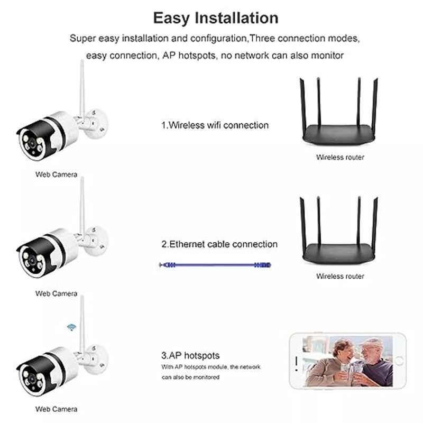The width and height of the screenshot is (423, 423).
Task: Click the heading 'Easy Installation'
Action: (x=216, y=19)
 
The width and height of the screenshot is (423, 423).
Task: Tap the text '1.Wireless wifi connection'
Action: (x=215, y=125)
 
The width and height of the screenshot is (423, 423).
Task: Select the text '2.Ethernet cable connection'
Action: (x=219, y=244)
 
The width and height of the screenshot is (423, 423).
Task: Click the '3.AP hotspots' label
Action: (x=190, y=355)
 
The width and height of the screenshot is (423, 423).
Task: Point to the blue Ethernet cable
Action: (x=215, y=265)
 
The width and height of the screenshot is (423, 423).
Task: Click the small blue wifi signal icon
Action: (x=71, y=327)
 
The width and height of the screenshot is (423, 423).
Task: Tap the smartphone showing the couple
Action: (x=348, y=361)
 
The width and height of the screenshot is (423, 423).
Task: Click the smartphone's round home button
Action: (x=399, y=361)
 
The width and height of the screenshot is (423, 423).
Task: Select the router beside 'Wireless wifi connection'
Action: (x=339, y=112)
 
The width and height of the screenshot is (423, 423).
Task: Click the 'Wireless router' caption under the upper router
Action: (x=340, y=157)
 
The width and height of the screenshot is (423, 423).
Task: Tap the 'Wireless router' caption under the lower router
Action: (x=340, y=276)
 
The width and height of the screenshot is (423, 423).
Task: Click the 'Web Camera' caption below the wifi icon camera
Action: (x=57, y=409)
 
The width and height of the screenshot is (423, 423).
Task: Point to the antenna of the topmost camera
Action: (x=82, y=89)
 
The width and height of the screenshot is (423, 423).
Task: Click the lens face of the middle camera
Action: (x=32, y=261)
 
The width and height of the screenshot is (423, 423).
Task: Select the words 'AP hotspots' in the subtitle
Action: (x=189, y=56)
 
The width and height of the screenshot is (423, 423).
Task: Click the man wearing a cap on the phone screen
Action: (x=375, y=362)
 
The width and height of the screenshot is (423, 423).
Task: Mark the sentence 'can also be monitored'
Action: (x=190, y=377)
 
